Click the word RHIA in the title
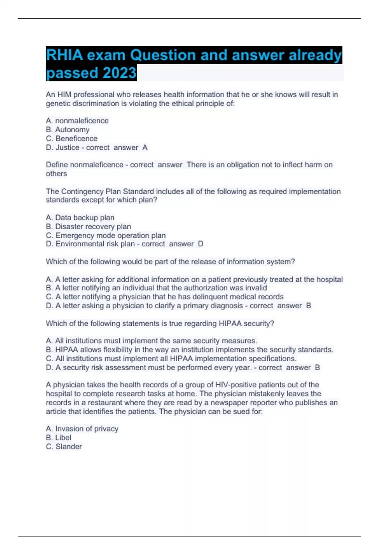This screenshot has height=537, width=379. pos(65,55)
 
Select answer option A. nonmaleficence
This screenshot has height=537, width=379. pos(77,121)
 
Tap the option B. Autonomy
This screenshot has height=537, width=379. pos(68,130)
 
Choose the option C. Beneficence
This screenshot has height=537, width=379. pos(72,138)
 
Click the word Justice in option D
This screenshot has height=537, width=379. pos(67,148)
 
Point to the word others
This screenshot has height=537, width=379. pos(56,174)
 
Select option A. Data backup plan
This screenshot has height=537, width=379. pos(80,218)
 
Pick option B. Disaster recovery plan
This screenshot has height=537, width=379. pos(88,226)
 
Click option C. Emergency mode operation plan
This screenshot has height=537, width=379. pos(105,235)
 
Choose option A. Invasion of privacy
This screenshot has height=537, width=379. pos(82,429)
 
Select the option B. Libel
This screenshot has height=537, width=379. pos(58,437)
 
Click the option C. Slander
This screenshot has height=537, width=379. pos(64,447)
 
